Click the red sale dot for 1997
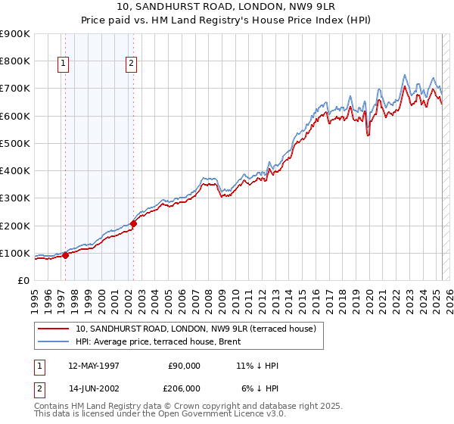[x=65, y=255]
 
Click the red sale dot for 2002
[x=133, y=223]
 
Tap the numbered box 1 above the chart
[x=63, y=64]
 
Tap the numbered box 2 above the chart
[x=131, y=64]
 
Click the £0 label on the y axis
[x=23, y=281]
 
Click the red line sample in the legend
[x=54, y=329]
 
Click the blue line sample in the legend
[x=54, y=341]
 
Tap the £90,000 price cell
[x=184, y=366]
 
